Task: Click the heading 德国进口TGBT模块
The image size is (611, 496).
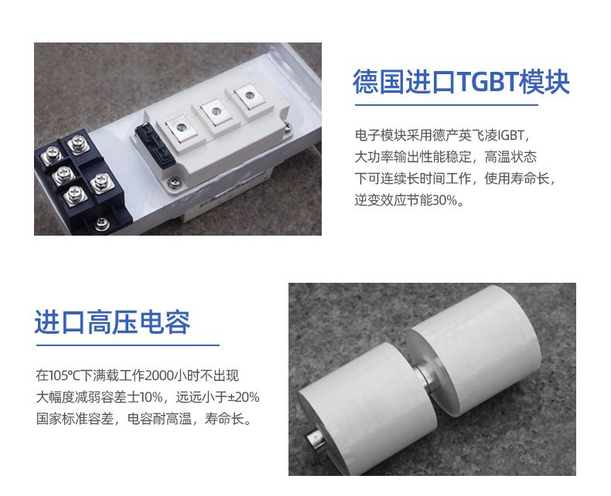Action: tap(461, 82)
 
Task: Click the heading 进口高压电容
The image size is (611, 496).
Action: tap(112, 322)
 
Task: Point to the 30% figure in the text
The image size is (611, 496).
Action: tap(445, 200)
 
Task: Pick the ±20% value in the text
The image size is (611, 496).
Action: tap(244, 397)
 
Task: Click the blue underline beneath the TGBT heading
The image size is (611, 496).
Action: tap(446, 105)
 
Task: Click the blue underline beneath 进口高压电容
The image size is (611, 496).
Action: tap(128, 345)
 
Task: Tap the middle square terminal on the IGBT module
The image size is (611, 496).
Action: tap(216, 112)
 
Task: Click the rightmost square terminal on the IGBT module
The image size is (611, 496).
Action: tap(248, 95)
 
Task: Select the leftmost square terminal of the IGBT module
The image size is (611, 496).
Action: tap(180, 127)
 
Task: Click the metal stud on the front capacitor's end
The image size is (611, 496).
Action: tap(315, 439)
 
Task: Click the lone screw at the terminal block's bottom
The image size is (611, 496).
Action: tap(102, 223)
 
